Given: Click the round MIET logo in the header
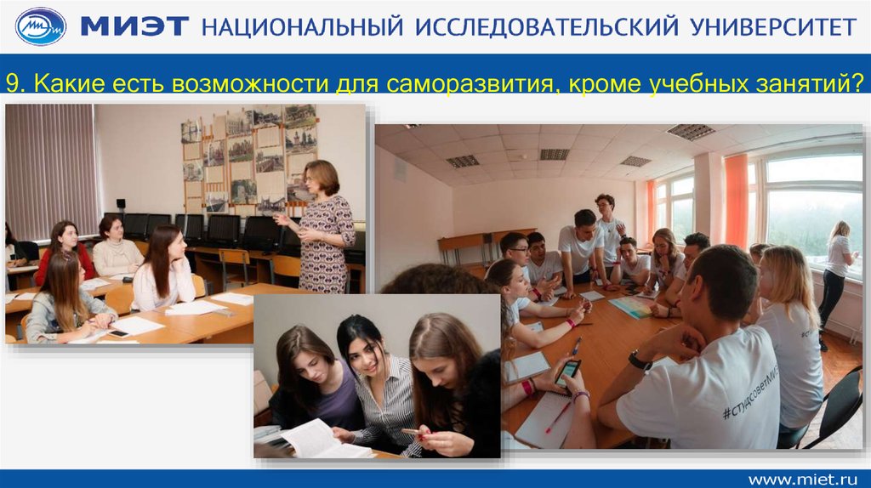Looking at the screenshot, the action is (x=41, y=26).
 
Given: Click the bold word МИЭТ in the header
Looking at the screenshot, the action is (x=134, y=26).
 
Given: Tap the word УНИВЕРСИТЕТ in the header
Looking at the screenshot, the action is (x=773, y=26).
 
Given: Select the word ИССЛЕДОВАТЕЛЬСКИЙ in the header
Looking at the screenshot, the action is (x=547, y=26).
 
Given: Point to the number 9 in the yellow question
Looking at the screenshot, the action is (x=13, y=84).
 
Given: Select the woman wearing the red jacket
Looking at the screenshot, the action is (x=65, y=251).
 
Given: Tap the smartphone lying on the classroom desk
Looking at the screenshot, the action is (x=118, y=333).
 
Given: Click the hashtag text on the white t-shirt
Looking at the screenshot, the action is (x=751, y=394).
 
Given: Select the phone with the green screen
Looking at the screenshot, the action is (x=567, y=372).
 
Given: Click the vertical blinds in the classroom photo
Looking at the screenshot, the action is (x=51, y=169).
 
